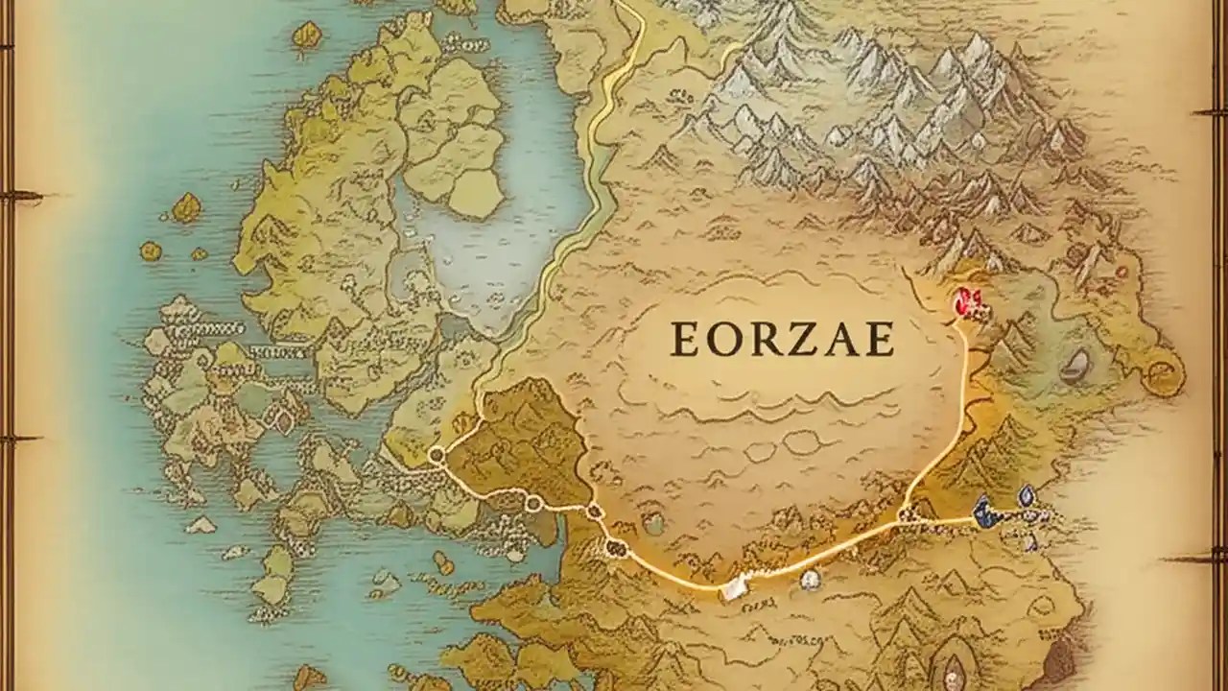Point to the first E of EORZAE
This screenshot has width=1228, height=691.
pyautogui.click(x=685, y=339)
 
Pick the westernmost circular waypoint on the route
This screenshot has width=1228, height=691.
pyautogui.click(x=436, y=456)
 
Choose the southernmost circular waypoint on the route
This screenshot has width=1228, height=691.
pyautogui.click(x=616, y=549)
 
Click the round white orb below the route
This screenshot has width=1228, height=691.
pyautogui.click(x=811, y=579)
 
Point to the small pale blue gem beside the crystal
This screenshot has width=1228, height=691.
pyautogui.click(x=1026, y=495)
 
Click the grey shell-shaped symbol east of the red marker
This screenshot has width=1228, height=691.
pyautogui.click(x=1077, y=363)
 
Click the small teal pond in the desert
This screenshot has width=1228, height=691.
pyautogui.click(x=654, y=523)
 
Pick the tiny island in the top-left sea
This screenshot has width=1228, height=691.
pyautogui.click(x=307, y=36)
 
